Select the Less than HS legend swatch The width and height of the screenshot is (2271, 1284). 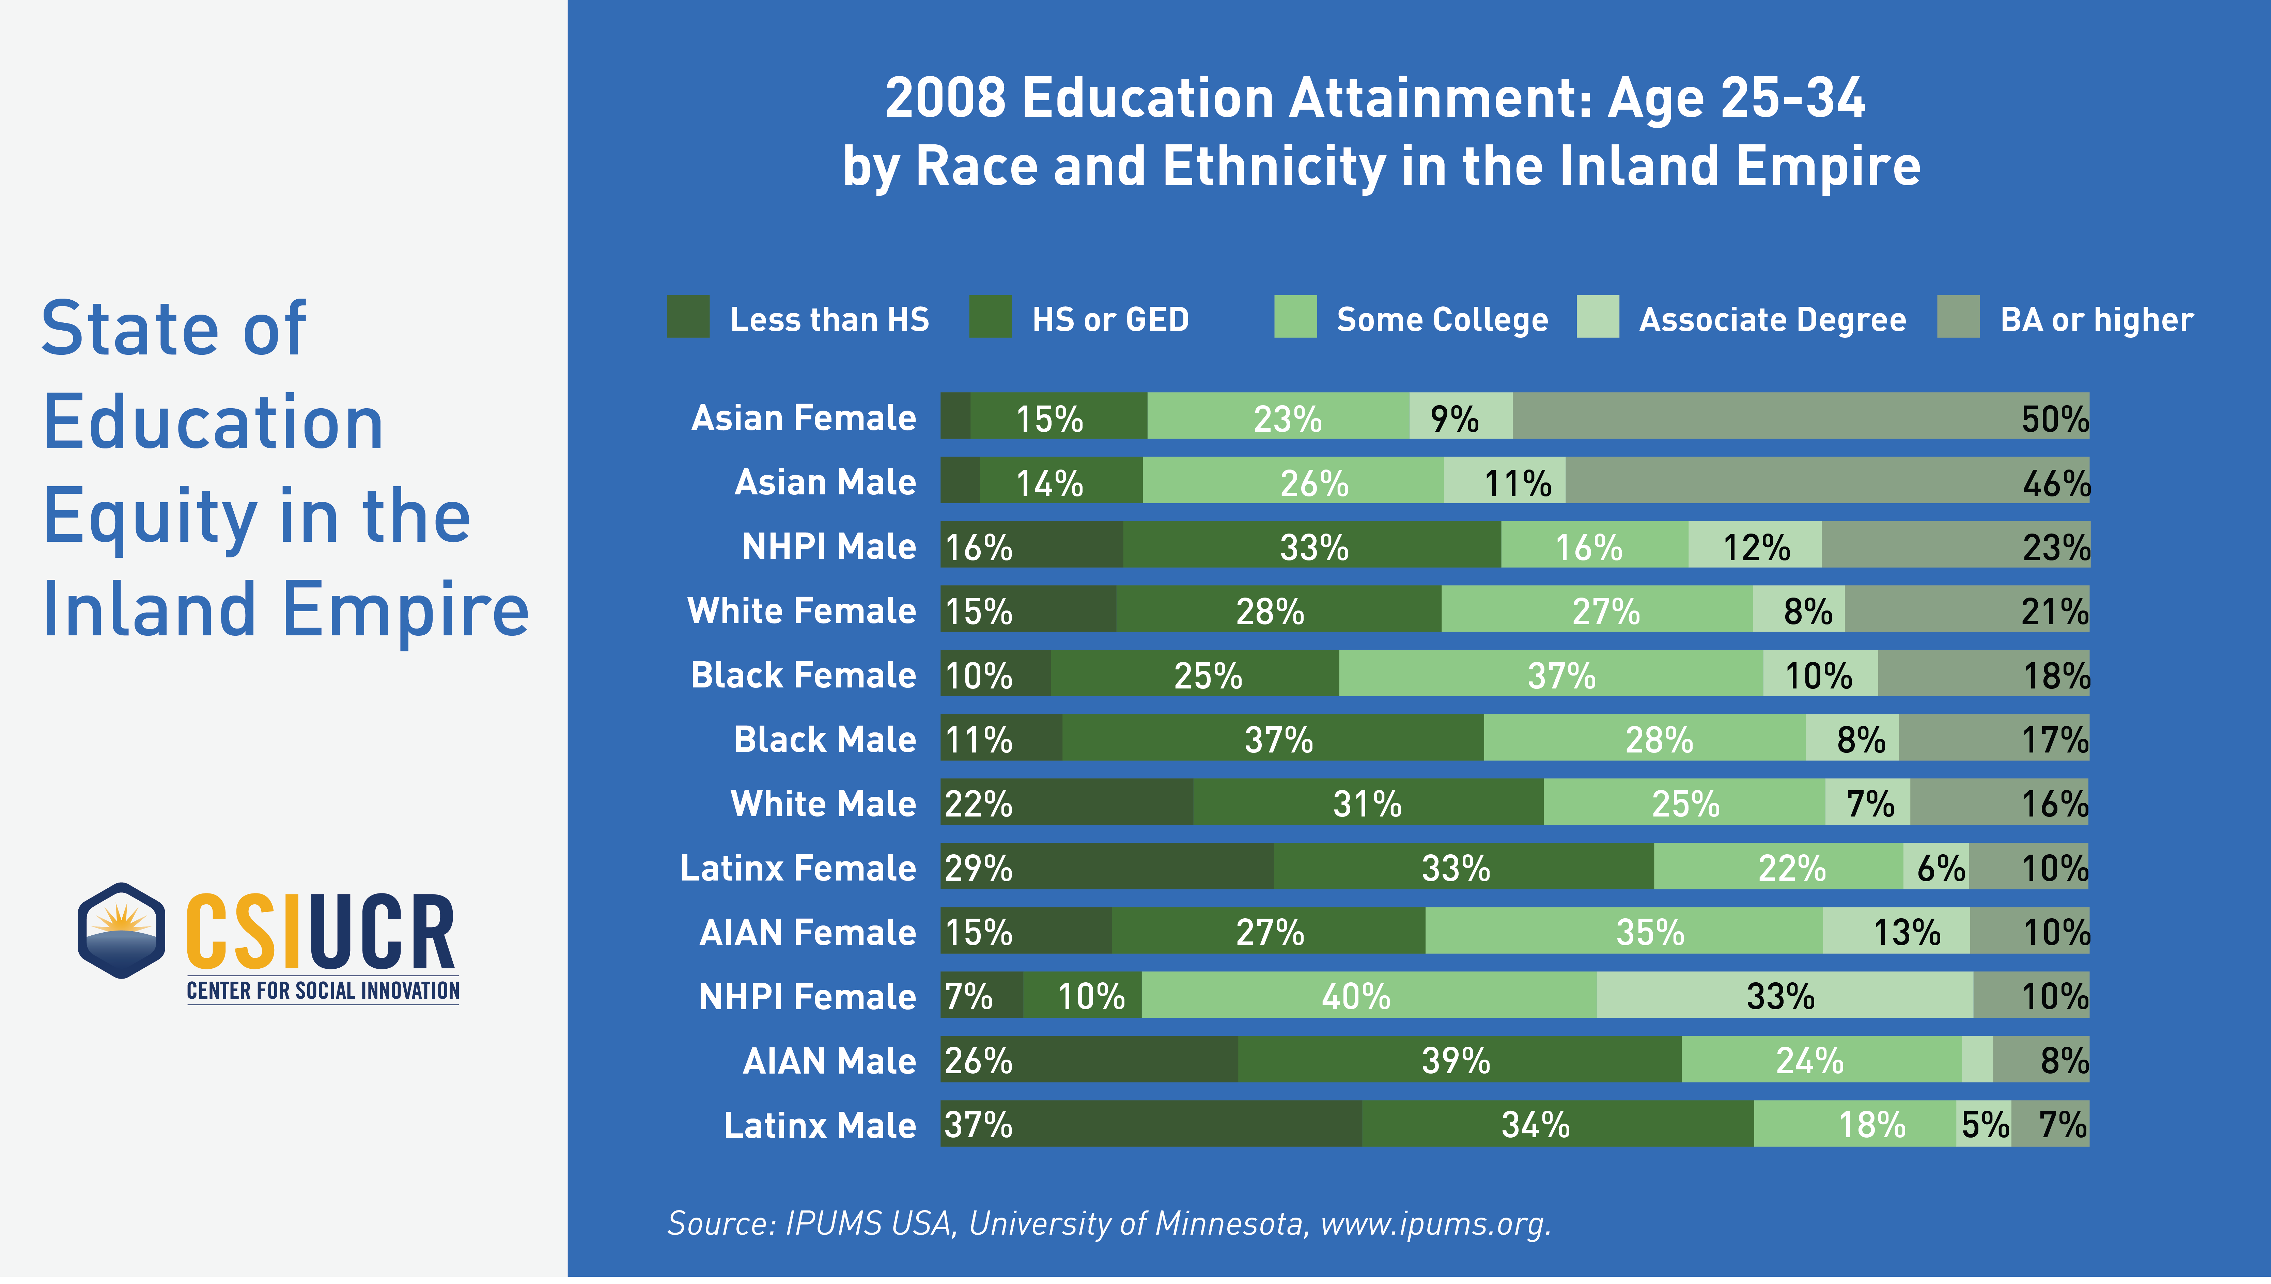pyautogui.click(x=688, y=317)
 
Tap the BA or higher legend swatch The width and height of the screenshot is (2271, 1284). pyautogui.click(x=1958, y=317)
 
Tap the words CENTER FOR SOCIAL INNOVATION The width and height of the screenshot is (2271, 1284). pyautogui.click(x=323, y=991)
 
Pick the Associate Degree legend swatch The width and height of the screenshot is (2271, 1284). pyautogui.click(x=1597, y=317)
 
